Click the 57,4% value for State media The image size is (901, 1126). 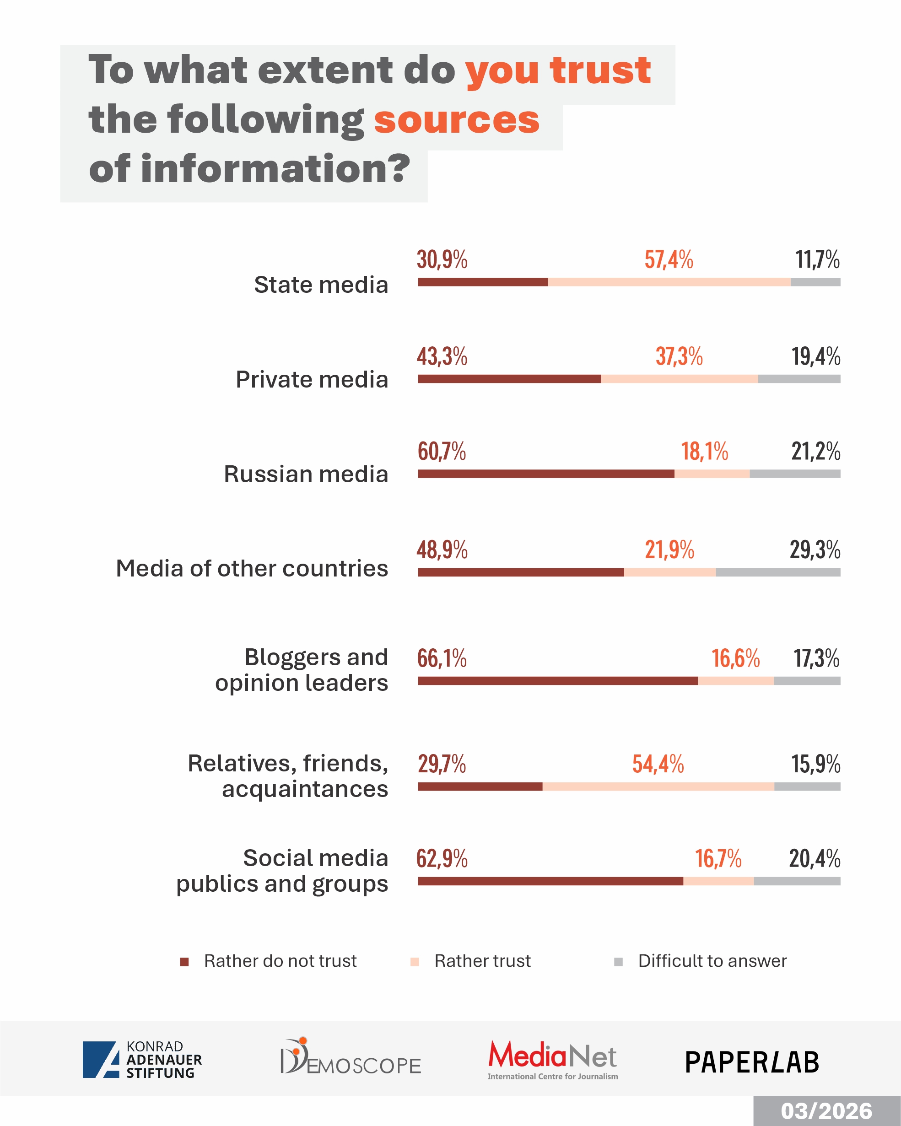[669, 259]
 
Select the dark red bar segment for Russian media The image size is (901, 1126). [546, 474]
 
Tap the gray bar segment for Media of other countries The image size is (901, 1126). [778, 572]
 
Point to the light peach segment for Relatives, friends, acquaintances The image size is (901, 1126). [658, 787]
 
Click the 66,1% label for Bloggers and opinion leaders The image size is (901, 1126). [442, 658]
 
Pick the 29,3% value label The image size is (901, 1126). [815, 550]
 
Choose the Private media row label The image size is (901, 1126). [312, 380]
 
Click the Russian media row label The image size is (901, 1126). [306, 474]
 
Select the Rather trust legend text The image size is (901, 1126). [482, 961]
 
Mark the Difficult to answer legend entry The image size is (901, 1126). [712, 961]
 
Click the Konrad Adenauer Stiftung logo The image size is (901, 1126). [142, 1060]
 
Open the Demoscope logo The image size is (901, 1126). [351, 1057]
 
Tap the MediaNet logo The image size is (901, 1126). [553, 1059]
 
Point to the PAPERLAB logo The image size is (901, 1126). [752, 1062]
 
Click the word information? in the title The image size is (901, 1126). [275, 169]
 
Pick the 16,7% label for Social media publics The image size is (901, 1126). [718, 859]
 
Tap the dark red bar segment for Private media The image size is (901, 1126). [509, 379]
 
